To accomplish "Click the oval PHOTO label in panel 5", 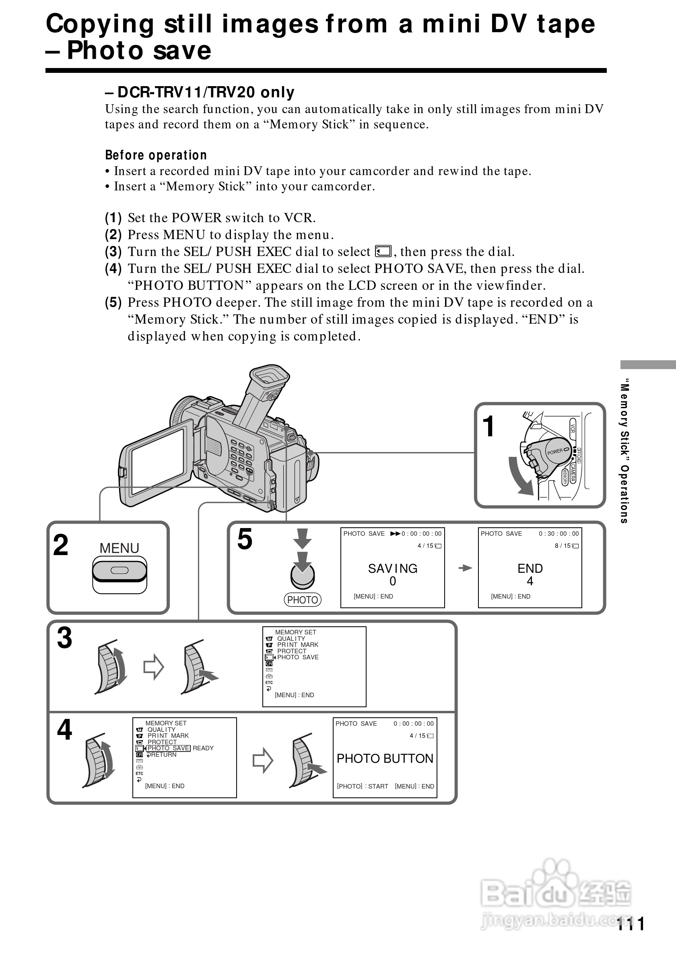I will pos(302,600).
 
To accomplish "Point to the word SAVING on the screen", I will pos(392,569).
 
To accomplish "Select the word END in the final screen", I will pos(530,569).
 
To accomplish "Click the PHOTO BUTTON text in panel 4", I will pos(385,759).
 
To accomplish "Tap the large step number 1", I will pos(488,426).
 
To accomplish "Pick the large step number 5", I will pos(245,539).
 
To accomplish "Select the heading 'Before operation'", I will pos(156,155).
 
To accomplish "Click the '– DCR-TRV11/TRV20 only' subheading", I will pos(200,92).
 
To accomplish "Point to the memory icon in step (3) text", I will pos(383,251).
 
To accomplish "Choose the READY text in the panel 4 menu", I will pos(203,748).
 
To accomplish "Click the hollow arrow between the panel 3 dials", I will pos(153,667).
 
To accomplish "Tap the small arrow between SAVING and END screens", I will pos(465,568).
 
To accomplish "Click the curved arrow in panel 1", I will pos(519,476).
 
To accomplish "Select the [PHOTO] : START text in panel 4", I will pos(363,786).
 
